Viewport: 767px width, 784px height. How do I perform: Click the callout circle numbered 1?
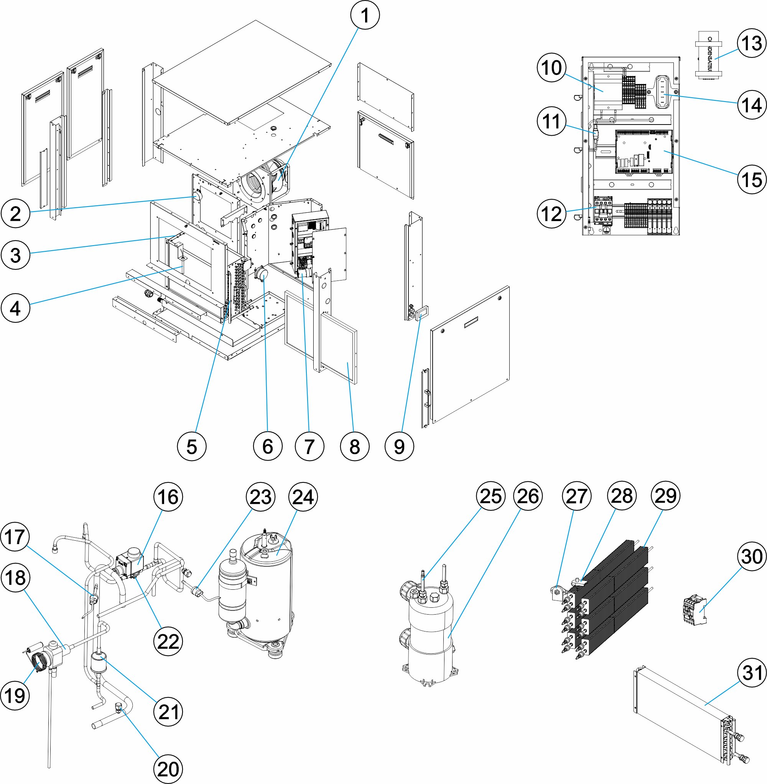click(365, 15)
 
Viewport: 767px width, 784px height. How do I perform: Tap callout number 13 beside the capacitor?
click(752, 43)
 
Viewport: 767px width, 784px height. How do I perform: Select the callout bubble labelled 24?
click(303, 497)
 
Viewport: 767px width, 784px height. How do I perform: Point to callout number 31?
click(752, 673)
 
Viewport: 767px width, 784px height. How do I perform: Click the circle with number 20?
click(168, 769)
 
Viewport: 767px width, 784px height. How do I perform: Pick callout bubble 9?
click(399, 446)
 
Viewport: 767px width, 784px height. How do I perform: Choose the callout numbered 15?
click(752, 179)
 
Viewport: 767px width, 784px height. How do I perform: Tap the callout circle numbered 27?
click(576, 496)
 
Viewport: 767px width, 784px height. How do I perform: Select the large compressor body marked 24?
click(268, 587)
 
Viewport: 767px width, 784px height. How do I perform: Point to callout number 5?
click(192, 446)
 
